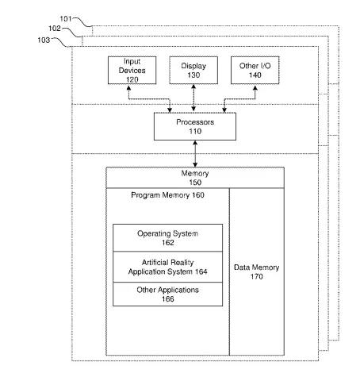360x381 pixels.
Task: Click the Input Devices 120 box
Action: (132, 70)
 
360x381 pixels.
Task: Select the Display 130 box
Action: (193, 70)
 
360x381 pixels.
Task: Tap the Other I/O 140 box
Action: (255, 70)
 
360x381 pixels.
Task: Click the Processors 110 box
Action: (195, 126)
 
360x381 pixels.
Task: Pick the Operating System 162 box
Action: (167, 237)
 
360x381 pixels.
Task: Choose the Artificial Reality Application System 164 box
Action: (167, 267)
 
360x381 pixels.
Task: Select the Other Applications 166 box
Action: (167, 294)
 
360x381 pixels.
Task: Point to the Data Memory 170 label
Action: (256, 272)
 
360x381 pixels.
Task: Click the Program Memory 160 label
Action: (167, 195)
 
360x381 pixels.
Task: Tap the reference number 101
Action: (66, 19)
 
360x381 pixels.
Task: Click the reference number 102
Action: (55, 29)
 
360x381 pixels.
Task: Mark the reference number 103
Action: (44, 40)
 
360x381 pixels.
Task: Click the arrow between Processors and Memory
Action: (195, 154)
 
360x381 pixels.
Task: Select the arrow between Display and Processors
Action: (193, 98)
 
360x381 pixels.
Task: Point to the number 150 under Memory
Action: (195, 183)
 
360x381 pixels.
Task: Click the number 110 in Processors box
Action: (195, 131)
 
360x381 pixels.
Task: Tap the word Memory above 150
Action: (195, 173)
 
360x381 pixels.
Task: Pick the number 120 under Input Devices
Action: (132, 79)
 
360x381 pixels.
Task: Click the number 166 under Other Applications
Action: (167, 299)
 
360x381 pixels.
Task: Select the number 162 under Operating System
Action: (167, 243)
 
